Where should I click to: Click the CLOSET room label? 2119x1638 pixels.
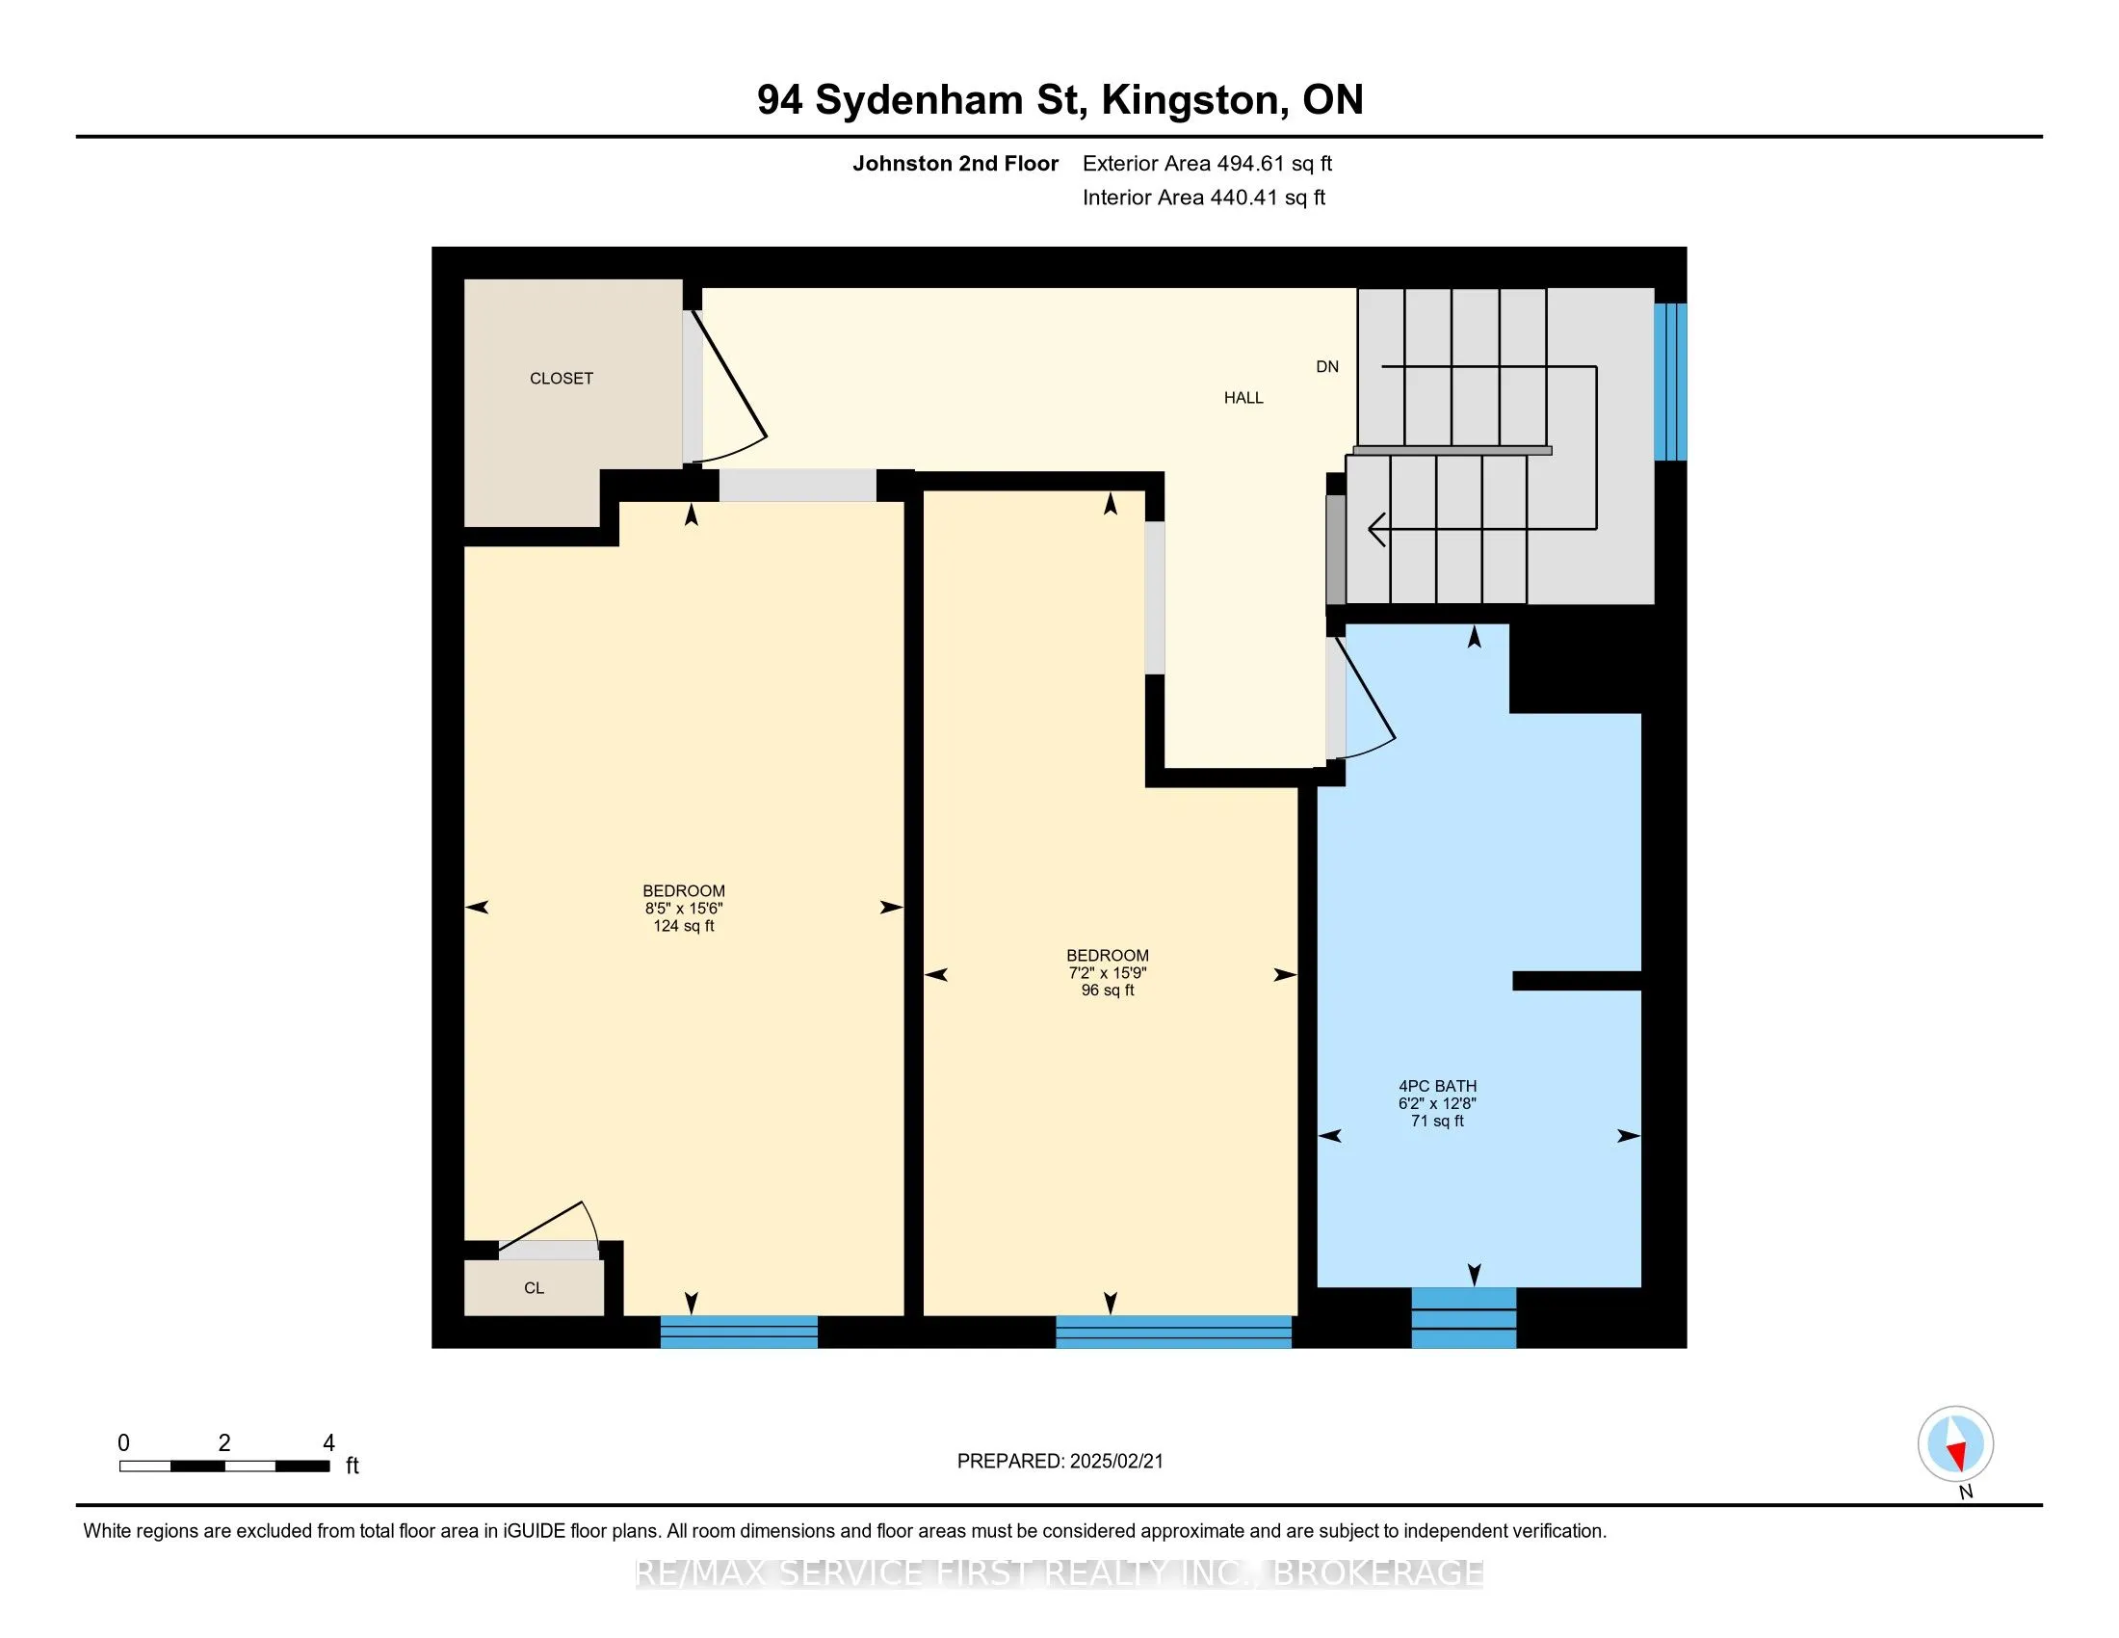tap(561, 379)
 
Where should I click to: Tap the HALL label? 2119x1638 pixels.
tap(1243, 398)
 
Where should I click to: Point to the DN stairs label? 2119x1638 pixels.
tap(1326, 367)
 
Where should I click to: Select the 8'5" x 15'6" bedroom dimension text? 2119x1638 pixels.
tap(683, 909)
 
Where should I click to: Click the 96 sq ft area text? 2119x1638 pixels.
tap(1107, 990)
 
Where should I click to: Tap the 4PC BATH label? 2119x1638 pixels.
tap(1437, 1086)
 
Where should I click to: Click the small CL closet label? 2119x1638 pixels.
tap(534, 1287)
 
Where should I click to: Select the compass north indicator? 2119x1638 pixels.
tap(1955, 1444)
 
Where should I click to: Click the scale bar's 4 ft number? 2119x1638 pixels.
tap(327, 1443)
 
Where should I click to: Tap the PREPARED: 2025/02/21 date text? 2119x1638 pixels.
tap(1059, 1461)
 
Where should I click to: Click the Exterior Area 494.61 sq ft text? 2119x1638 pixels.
tap(1207, 163)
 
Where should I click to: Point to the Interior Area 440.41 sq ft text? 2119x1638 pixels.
tap(1203, 197)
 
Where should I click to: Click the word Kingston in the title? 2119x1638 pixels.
tap(1189, 100)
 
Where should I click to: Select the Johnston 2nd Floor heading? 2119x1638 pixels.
tap(955, 163)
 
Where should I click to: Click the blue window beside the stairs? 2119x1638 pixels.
tap(1670, 382)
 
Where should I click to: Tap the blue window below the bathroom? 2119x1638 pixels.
tap(1463, 1317)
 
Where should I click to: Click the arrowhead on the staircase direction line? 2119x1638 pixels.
tap(1375, 530)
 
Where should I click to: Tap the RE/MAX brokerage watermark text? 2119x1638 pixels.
tap(1059, 1573)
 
